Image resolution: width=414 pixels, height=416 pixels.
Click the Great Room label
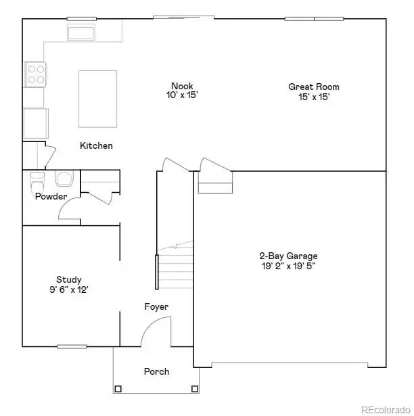click(313, 87)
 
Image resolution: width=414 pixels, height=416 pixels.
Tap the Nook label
click(182, 86)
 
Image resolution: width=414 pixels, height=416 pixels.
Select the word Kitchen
click(96, 145)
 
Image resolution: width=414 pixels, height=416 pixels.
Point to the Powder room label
click(51, 197)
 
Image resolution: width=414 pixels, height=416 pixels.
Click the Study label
click(69, 279)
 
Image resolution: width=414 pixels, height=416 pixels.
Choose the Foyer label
click(156, 306)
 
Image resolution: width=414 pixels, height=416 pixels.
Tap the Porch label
click(156, 371)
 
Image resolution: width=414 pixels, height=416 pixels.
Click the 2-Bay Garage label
click(288, 256)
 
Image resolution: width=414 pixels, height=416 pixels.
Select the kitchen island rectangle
click(98, 98)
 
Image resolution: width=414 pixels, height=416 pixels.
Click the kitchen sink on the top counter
click(81, 32)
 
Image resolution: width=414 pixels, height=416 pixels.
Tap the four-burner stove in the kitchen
click(35, 74)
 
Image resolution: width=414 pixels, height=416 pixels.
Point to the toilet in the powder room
click(37, 181)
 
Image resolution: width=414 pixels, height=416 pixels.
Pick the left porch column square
click(118, 388)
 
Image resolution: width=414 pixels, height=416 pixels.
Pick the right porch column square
click(195, 388)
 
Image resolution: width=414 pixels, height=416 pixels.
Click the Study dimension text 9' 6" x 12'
click(64, 290)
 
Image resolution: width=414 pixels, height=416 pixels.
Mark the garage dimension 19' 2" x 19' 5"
click(288, 266)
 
